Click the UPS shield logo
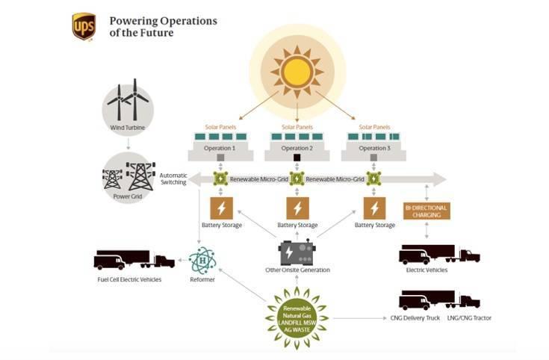point(83,25)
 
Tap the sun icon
point(297,71)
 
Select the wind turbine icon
point(128,104)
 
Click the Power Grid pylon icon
point(128,176)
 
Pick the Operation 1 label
point(221,148)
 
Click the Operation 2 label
point(297,148)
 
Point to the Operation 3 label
point(373,148)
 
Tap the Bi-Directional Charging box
point(427,211)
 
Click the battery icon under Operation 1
point(221,208)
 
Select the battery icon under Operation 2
point(297,208)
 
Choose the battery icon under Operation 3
point(374,208)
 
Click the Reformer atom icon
point(202,261)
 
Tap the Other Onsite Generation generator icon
point(297,251)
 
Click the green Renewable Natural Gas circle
point(297,317)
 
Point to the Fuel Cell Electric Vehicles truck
point(134,259)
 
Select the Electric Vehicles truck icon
point(439,254)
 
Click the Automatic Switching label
point(173,179)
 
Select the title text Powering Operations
point(163,21)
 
